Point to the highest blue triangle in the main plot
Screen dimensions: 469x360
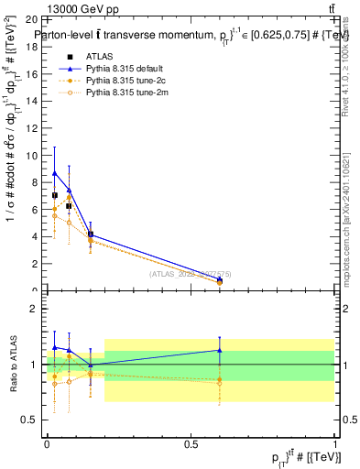point(55,172)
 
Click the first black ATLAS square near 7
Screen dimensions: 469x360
point(55,195)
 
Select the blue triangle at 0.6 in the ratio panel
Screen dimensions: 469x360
point(219,350)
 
